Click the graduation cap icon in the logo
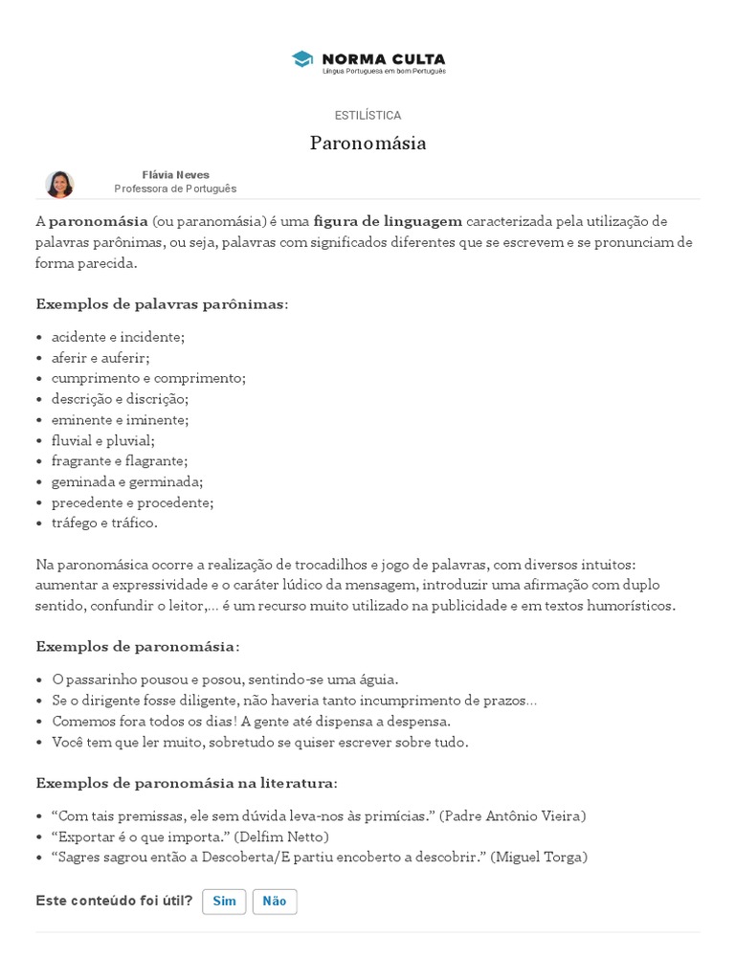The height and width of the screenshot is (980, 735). (x=302, y=59)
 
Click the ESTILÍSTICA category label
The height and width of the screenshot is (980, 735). (x=367, y=116)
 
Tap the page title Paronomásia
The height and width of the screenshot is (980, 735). (x=367, y=144)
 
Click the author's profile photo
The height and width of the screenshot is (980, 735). (x=59, y=184)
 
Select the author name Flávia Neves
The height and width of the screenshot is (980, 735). (x=175, y=175)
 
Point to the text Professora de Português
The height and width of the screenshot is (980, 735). (x=175, y=189)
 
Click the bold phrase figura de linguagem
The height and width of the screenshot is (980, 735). (x=388, y=221)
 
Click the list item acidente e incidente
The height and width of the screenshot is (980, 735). (x=118, y=337)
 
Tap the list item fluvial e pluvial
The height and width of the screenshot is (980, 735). (x=102, y=440)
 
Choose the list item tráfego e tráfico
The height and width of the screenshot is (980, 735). (x=104, y=523)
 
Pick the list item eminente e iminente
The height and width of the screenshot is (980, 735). (x=120, y=419)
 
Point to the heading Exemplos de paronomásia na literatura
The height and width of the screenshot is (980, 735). (x=187, y=783)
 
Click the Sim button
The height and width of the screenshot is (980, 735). (x=224, y=902)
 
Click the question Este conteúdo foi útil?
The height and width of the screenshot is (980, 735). (x=114, y=901)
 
